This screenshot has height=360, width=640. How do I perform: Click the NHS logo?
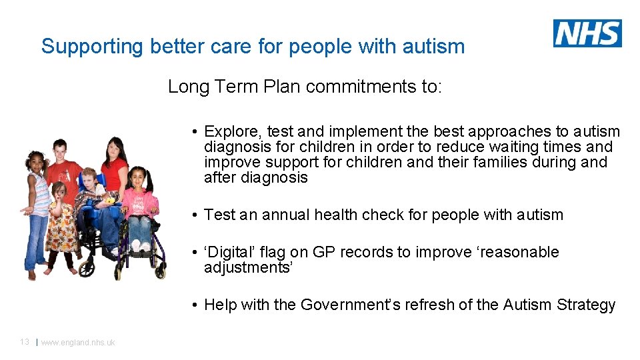tap(587, 33)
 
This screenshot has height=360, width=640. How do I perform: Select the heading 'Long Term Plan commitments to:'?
tap(305, 87)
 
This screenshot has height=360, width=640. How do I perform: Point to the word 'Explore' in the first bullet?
tap(230, 132)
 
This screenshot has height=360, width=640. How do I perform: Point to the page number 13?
tap(24, 342)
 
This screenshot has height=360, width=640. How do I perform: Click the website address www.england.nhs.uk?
tap(78, 343)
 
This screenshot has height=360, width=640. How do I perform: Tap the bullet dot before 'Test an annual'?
tap(192, 215)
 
